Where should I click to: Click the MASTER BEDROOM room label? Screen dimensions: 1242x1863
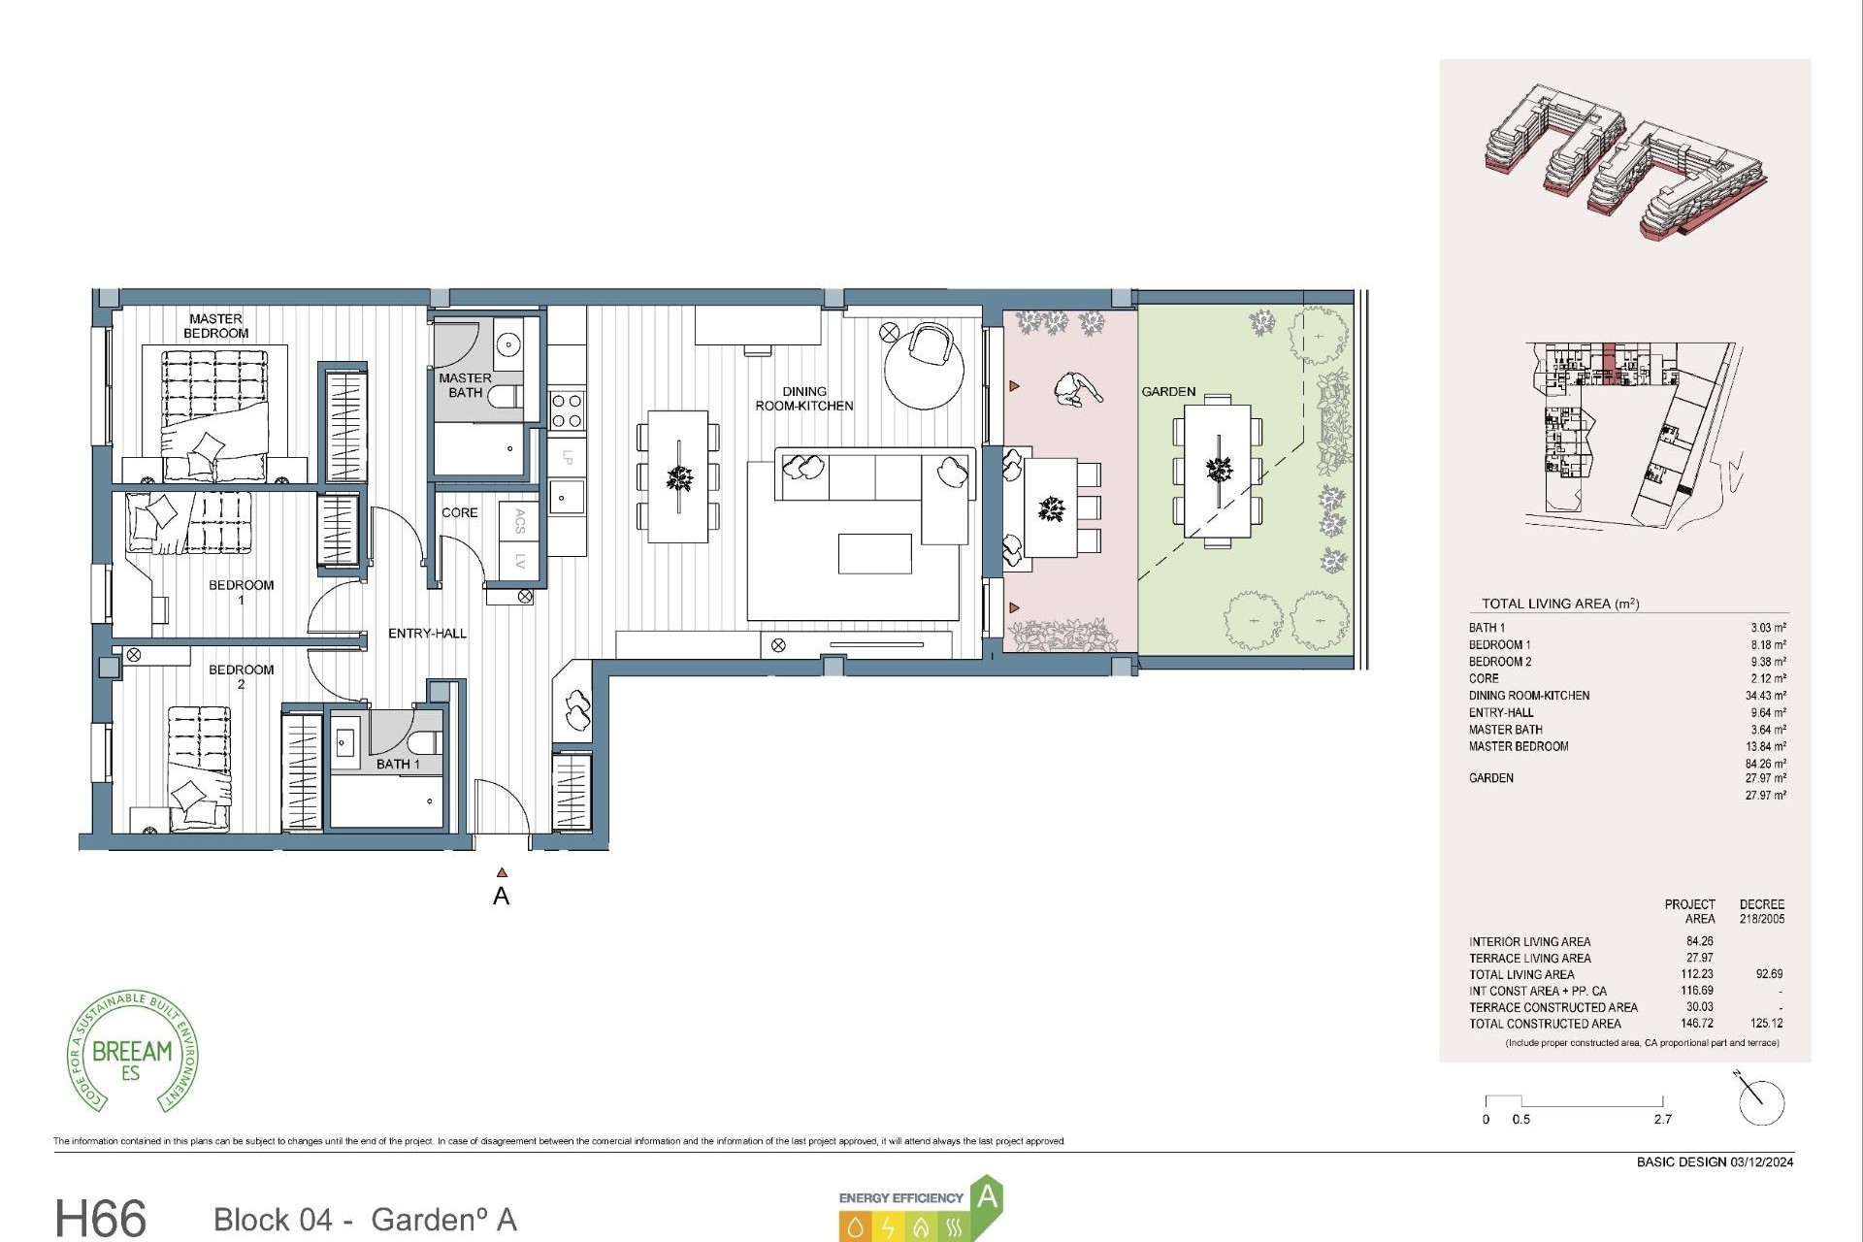[215, 326]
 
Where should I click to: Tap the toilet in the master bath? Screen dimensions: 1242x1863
[504, 396]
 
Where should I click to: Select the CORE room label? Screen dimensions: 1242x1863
[459, 512]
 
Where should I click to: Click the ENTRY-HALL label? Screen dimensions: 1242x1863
[427, 634]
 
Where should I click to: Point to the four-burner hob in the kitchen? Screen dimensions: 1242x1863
[566, 409]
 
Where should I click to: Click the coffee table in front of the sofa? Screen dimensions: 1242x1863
[874, 553]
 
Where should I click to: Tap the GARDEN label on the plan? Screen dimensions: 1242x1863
[1168, 392]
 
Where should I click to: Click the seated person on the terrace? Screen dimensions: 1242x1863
[1076, 389]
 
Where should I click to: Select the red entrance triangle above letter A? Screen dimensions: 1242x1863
[502, 872]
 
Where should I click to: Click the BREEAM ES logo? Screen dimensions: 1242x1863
[132, 1053]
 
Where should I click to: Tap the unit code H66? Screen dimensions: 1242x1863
[100, 1218]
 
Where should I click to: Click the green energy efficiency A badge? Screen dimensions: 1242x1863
[986, 1197]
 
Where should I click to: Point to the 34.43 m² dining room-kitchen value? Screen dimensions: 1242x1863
[1765, 696]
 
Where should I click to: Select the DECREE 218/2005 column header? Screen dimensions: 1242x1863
[1761, 911]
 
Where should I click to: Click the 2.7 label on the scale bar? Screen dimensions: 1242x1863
[1662, 1119]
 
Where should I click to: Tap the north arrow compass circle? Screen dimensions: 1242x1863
[1762, 1102]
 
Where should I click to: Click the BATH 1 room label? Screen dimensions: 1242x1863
[398, 765]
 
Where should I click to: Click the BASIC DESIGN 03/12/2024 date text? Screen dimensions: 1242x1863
[1715, 1161]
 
